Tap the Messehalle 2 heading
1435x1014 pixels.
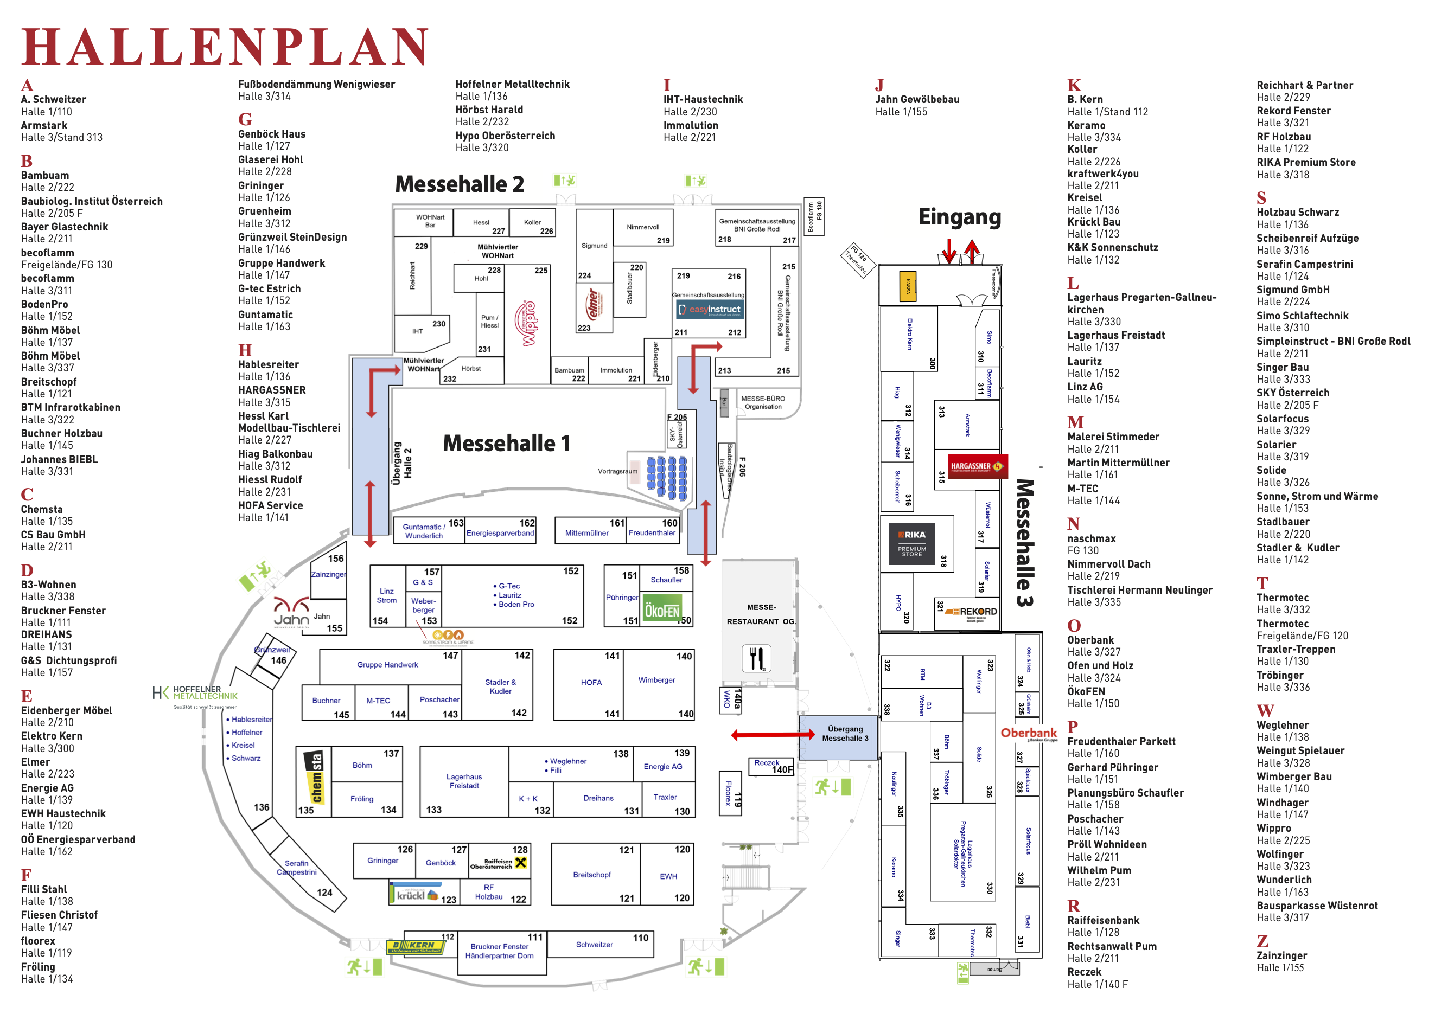point(460,184)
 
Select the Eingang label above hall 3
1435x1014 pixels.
point(959,217)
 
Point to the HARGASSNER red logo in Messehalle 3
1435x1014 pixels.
point(976,466)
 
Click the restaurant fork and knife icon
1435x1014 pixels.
point(756,658)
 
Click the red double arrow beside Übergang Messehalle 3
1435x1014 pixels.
point(773,735)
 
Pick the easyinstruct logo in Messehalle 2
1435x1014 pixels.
point(710,309)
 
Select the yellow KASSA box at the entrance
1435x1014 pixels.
point(908,286)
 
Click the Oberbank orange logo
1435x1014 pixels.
point(1028,734)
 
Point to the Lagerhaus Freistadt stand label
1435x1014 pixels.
point(464,781)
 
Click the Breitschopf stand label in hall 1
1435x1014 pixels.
point(592,875)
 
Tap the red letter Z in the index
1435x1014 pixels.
point(1262,941)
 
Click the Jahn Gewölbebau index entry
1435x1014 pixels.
point(917,99)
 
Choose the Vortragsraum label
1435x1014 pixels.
point(617,471)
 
